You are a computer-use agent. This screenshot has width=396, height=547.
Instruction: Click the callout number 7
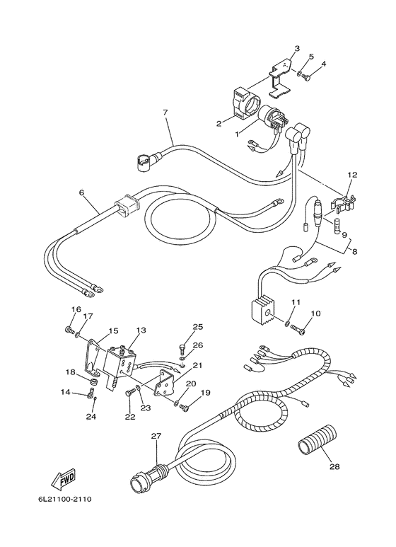pos(165,112)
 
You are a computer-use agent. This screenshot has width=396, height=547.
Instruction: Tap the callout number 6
pos(81,192)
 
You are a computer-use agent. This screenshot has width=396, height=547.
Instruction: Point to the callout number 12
pos(351,173)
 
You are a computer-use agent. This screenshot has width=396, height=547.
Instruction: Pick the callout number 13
pos(141,330)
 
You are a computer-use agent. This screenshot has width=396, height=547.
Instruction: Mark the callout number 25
pos(198,326)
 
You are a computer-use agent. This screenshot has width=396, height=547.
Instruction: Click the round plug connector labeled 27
pos(141,484)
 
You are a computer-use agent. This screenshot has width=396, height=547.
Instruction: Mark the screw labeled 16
pos(69,330)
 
